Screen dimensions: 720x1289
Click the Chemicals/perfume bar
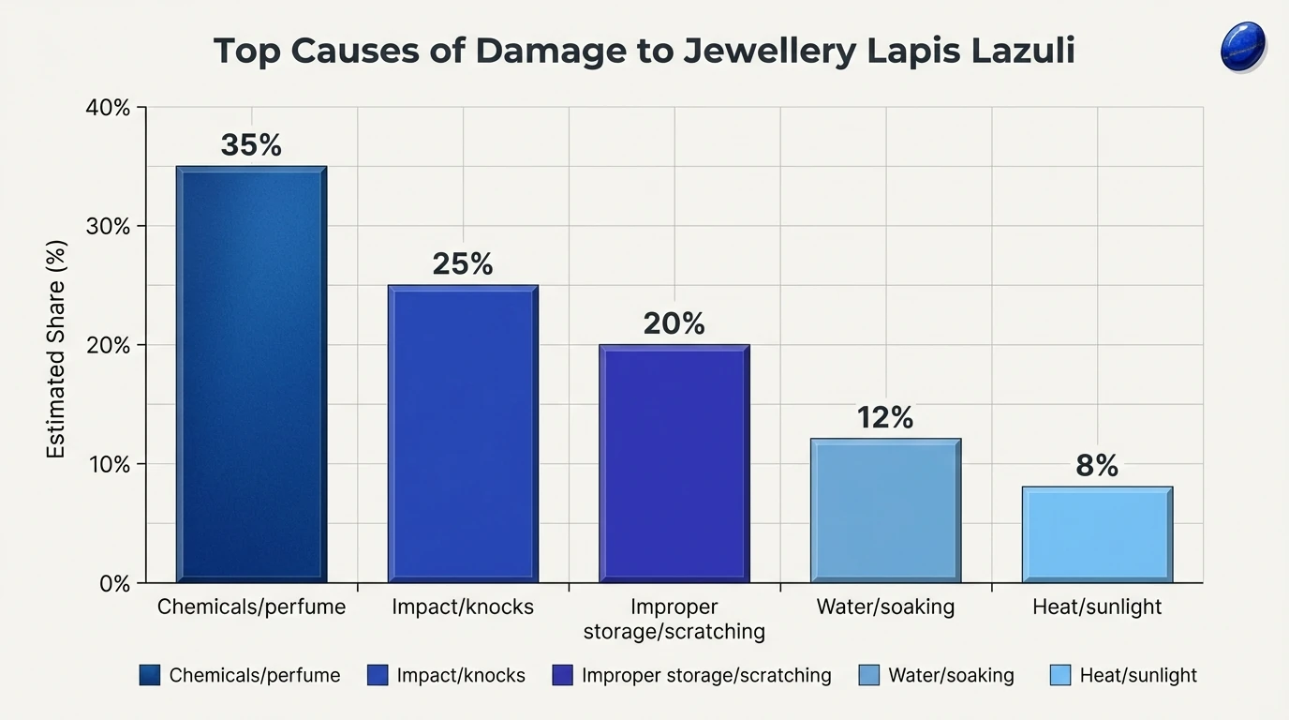(251, 375)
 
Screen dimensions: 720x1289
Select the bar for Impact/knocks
(463, 433)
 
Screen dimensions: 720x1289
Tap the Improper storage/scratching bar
(674, 463)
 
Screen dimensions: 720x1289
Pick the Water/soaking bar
(885, 510)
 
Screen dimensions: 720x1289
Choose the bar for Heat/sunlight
(1097, 534)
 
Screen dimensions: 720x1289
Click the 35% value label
(251, 145)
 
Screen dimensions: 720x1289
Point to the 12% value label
(885, 417)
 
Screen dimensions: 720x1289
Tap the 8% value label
(1097, 466)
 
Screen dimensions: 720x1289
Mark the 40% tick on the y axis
(109, 108)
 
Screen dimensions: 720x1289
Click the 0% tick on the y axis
(114, 583)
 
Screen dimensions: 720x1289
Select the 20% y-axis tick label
(109, 346)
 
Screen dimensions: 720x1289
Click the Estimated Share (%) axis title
(57, 349)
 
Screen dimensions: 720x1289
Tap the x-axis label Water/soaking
(885, 607)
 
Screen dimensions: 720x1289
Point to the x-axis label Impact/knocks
(463, 607)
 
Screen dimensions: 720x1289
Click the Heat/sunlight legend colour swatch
(1059, 675)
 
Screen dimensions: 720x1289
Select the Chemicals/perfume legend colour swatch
(149, 675)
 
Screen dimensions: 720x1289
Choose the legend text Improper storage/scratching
(706, 675)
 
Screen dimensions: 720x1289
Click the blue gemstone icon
(1243, 47)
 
